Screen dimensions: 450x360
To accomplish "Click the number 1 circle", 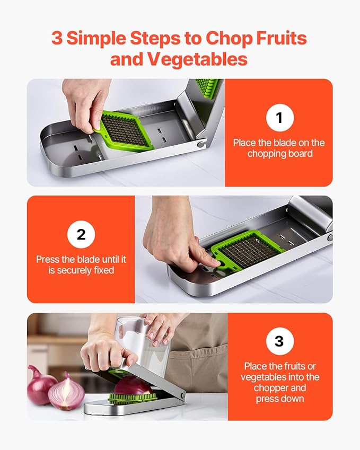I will point(279,118).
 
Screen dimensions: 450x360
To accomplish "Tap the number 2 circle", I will point(81,234).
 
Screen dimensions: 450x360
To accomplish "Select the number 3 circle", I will point(279,341).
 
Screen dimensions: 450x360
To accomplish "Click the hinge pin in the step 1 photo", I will point(200,144).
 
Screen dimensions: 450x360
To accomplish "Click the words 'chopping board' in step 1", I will point(279,154).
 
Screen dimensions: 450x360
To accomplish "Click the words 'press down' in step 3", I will point(279,399).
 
